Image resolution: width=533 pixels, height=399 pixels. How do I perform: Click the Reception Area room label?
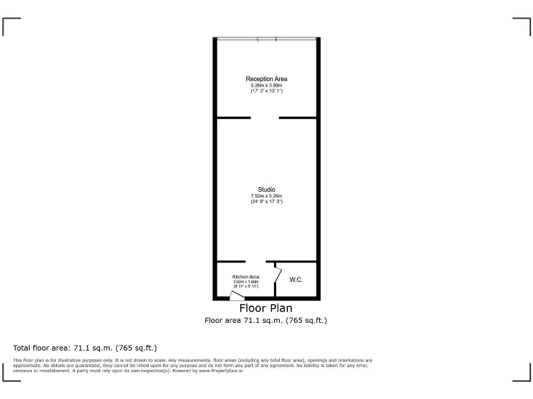coord(266,79)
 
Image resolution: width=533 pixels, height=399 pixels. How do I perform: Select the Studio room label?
coord(266,190)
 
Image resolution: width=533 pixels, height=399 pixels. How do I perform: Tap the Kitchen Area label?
coord(246,277)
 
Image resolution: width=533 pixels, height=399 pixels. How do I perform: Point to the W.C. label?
coord(296,280)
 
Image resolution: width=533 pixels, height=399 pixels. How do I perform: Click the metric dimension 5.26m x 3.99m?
coord(266,85)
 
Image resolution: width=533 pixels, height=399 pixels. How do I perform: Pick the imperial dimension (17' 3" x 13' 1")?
coord(266,91)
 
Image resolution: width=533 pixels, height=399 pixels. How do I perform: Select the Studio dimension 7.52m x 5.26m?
coord(266,196)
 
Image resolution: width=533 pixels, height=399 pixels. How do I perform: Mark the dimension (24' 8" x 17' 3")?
coord(266,202)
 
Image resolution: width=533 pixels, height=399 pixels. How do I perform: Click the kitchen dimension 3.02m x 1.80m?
coord(246,282)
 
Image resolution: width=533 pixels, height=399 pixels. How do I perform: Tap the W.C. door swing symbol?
coord(278,274)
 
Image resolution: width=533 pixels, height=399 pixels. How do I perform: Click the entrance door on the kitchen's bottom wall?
coord(237,296)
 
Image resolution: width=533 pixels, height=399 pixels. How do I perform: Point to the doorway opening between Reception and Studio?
coord(264,118)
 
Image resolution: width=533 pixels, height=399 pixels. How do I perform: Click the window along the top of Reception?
coord(266,39)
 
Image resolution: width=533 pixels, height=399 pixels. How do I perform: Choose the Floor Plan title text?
coord(266,308)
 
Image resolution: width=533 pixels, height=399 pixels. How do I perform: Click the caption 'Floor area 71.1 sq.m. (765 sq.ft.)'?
coord(266,321)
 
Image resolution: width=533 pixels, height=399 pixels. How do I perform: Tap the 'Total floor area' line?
coord(85,348)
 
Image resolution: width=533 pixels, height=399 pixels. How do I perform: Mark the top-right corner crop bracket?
coord(522,26)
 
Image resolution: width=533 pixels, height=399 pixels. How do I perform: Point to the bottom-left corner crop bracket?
coord(11,373)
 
